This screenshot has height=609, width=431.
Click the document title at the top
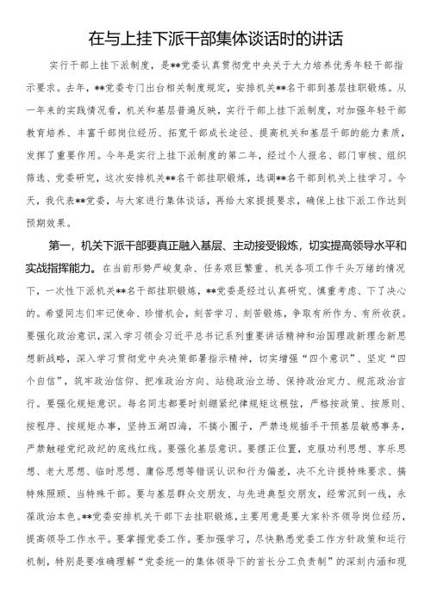215,39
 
